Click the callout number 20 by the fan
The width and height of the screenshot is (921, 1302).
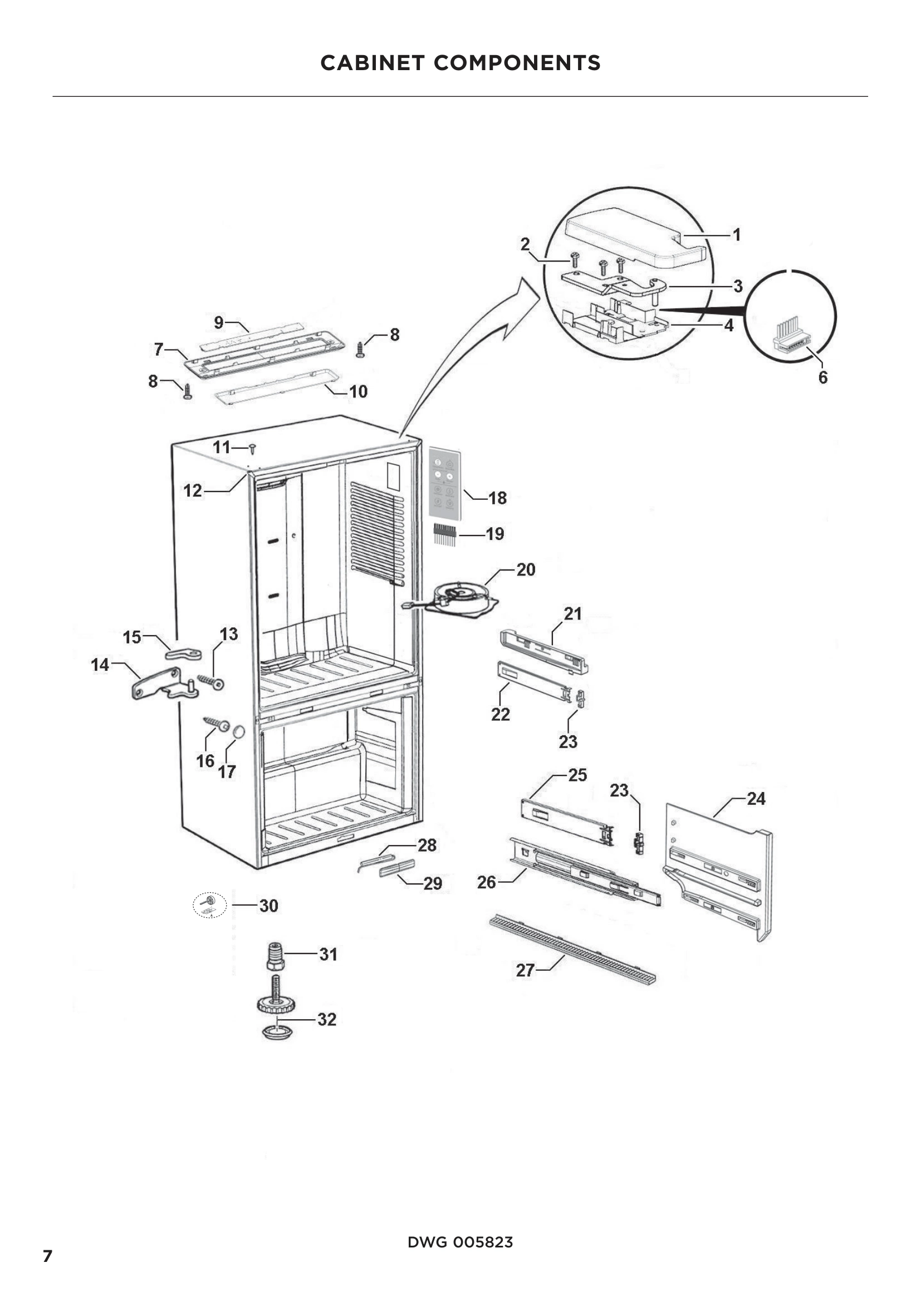[526, 570]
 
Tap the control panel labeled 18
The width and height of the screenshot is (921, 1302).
[444, 483]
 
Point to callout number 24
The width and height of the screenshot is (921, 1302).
[756, 799]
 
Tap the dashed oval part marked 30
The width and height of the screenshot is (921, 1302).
[210, 905]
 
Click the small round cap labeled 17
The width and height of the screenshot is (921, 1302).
[238, 732]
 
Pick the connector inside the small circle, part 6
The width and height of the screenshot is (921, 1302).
[791, 339]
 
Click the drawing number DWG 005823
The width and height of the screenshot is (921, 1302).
[460, 1242]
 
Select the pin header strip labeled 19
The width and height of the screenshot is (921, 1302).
[446, 534]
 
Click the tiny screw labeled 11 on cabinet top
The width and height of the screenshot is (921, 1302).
[252, 449]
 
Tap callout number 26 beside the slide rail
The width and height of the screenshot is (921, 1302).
[487, 882]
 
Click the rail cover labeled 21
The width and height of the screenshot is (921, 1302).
[543, 651]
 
